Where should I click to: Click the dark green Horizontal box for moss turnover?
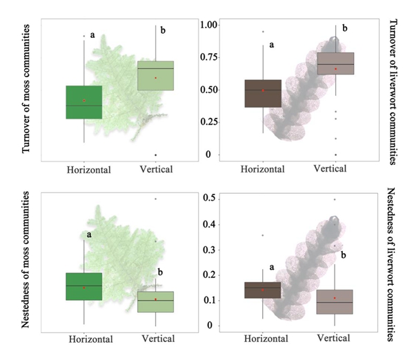pos(83,102)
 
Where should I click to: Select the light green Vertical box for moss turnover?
pos(155,75)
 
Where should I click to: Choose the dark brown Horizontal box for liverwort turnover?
pos(263,93)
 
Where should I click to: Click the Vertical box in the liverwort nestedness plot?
pos(335,301)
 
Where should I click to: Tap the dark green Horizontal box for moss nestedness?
pos(83,286)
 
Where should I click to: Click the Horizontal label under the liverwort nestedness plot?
pos(262,339)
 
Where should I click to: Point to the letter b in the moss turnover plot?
pos(163,30)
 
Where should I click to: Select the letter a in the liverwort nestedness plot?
pos(271,267)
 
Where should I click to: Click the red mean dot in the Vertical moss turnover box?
pos(156,78)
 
